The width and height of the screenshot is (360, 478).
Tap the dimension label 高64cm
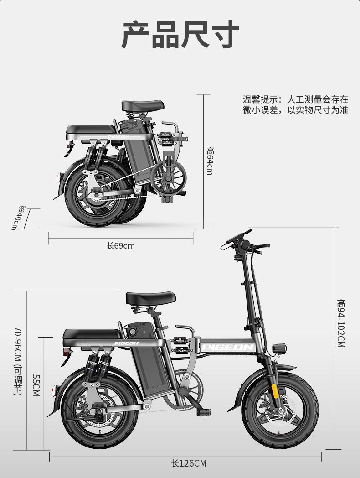(x=209, y=161)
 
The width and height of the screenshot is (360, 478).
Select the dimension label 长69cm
(x=121, y=246)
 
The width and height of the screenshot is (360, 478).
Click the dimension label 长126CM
(x=188, y=463)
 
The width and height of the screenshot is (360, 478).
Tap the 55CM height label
(x=36, y=385)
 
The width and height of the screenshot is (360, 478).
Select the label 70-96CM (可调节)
(x=18, y=360)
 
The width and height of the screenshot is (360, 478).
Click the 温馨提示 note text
(x=295, y=105)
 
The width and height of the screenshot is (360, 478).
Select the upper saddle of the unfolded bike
(x=150, y=298)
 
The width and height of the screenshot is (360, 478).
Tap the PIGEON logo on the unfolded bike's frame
(x=227, y=348)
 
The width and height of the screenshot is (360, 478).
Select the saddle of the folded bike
(x=143, y=105)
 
